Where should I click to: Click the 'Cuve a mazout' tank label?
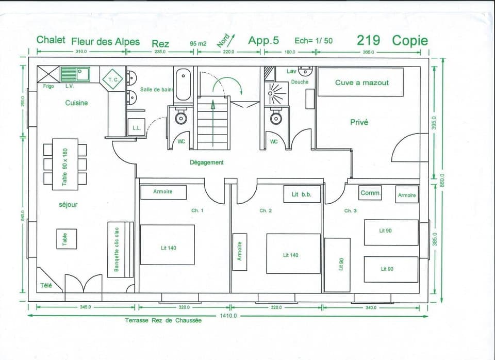tap(361, 83)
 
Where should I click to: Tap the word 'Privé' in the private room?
tap(359, 123)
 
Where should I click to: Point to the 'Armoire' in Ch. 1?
tap(162, 192)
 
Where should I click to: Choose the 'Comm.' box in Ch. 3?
tap(370, 193)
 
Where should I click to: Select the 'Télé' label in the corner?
tap(46, 285)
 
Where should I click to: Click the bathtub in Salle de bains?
tap(183, 85)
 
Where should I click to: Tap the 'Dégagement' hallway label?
tap(206, 162)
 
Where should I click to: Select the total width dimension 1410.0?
tap(228, 316)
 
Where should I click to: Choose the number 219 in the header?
tap(368, 41)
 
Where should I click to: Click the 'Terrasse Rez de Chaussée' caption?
tap(163, 320)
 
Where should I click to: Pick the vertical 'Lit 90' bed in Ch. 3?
tap(337, 265)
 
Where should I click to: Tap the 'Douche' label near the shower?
tap(300, 82)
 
